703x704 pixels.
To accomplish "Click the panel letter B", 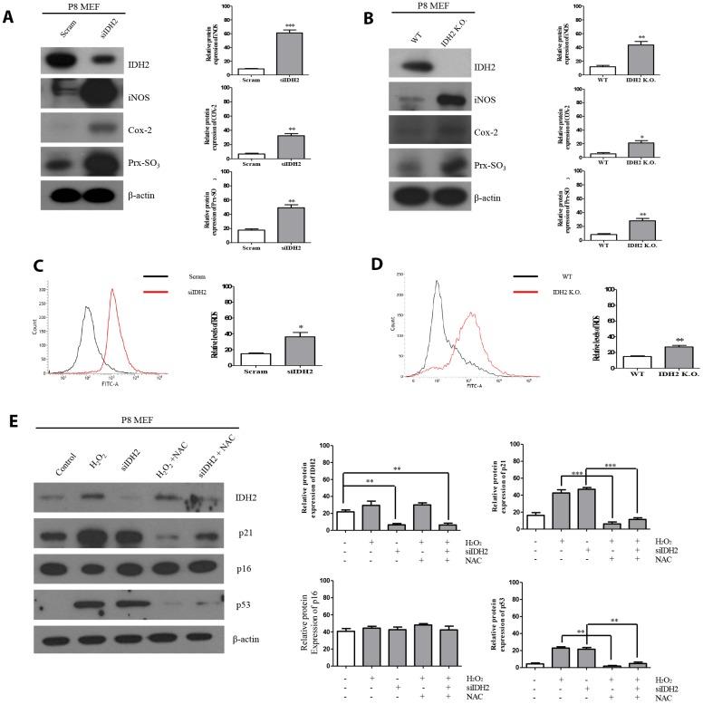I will point(365,17).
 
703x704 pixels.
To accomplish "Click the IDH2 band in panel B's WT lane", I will point(417,66).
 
